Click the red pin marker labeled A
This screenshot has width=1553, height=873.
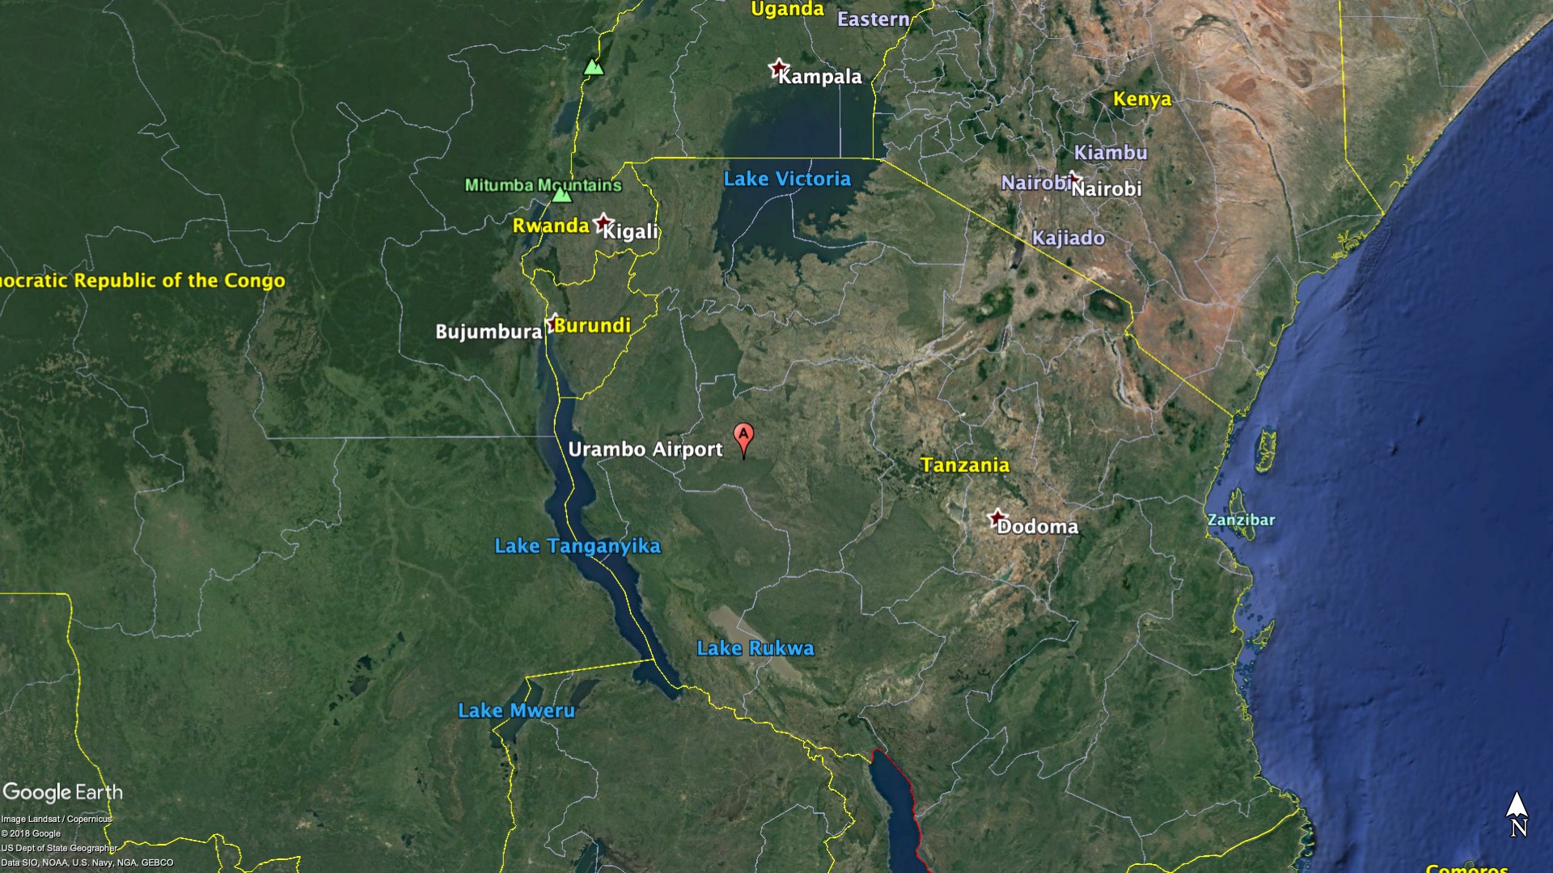[x=743, y=437]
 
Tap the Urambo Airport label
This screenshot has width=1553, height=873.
[x=645, y=449]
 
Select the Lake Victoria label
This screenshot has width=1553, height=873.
[x=787, y=179]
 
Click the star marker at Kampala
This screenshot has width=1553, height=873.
[x=778, y=68]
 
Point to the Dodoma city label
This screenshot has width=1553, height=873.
[x=1037, y=527]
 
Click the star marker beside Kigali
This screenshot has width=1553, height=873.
[x=603, y=222]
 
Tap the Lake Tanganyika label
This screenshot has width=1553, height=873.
[x=578, y=546]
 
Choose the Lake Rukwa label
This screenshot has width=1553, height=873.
[x=755, y=648]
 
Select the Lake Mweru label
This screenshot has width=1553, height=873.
[x=516, y=711]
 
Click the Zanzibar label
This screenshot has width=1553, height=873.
[x=1241, y=520]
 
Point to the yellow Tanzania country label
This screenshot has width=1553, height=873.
[x=965, y=465]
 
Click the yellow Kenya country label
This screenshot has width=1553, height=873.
[x=1142, y=99]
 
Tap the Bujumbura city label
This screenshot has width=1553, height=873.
[x=489, y=331]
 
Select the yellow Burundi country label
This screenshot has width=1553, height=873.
[x=592, y=325]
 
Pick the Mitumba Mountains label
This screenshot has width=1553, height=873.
[x=543, y=185]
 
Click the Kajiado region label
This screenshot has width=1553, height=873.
[x=1068, y=238]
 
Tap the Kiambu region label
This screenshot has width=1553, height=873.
[x=1110, y=153]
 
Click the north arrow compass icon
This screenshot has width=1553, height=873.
[x=1517, y=813]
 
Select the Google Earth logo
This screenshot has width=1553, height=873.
[x=63, y=792]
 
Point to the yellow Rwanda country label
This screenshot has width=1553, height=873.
[x=551, y=226]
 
